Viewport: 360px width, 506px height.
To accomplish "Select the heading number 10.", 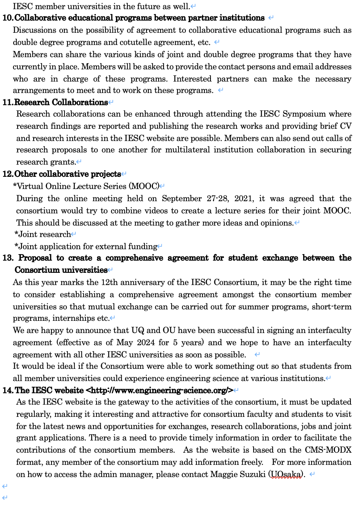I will (x=8, y=18).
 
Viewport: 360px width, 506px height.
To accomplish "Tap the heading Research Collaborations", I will (x=61, y=102).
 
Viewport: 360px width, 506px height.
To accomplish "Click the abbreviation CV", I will (x=346, y=126).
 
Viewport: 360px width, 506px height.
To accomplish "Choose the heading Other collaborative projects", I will (x=68, y=174).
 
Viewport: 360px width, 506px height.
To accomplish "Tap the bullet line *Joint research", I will (x=43, y=234).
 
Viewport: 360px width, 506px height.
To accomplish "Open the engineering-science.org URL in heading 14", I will (x=160, y=391).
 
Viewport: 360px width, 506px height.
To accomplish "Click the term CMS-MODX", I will (x=328, y=450).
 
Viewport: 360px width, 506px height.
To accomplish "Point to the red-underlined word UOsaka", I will (x=286, y=474).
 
